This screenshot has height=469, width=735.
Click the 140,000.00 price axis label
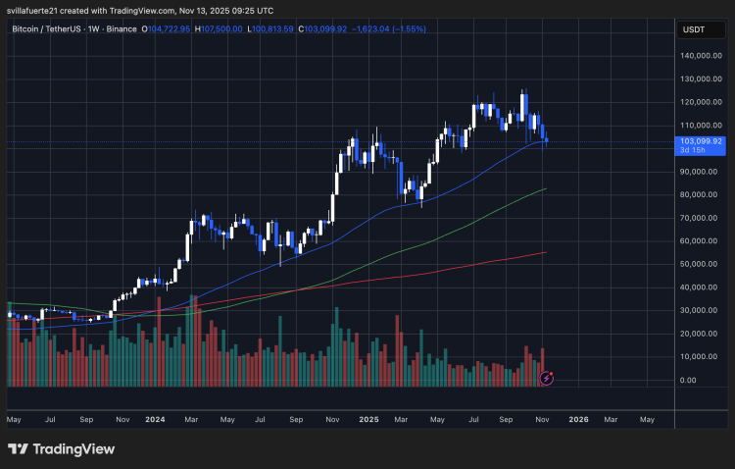click(x=702, y=55)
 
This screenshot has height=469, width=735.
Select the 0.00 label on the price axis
click(x=689, y=380)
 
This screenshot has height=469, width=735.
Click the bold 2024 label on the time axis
click(x=154, y=419)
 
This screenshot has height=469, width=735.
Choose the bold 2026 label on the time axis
click(x=578, y=419)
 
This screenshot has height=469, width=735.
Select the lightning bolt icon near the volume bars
click(x=547, y=378)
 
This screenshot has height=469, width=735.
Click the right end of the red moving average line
click(x=545, y=252)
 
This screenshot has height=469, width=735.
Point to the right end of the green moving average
click(x=545, y=189)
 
